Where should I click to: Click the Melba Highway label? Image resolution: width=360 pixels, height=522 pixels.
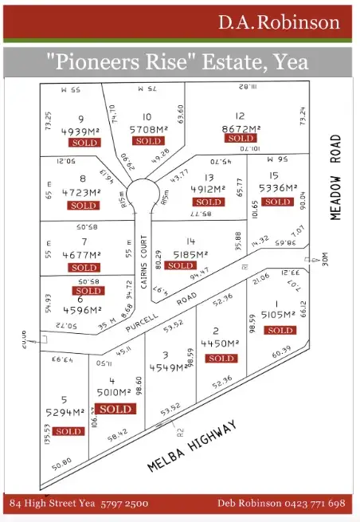193,445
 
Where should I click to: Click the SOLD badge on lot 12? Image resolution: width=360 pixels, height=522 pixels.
241,139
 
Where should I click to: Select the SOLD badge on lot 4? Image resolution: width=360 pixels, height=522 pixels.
115,409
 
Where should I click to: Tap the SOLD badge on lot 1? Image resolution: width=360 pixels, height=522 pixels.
280,330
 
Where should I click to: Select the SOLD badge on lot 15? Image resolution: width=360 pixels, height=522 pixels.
278,202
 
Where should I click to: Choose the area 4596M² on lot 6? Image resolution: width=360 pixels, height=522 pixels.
81,310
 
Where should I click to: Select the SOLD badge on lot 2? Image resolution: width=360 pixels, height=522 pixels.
221,359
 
